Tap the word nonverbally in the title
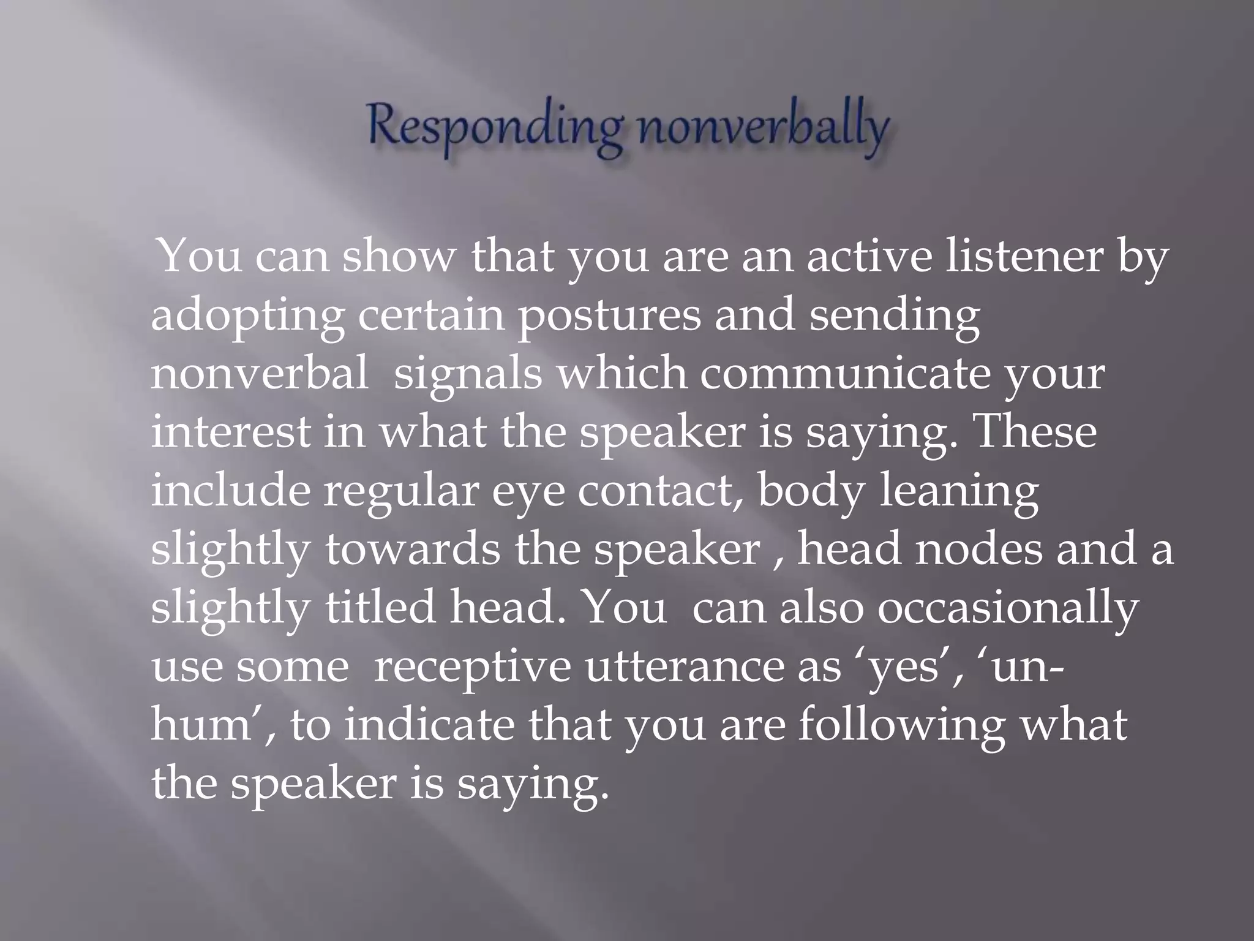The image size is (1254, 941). pos(763,130)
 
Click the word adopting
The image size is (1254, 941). pos(248,317)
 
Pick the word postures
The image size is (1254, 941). pos(609,317)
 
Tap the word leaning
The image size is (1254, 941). pos(959,491)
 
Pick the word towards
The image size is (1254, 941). pos(412,550)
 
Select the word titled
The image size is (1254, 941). pos(380,608)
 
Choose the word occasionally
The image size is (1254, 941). pos(1008,608)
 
